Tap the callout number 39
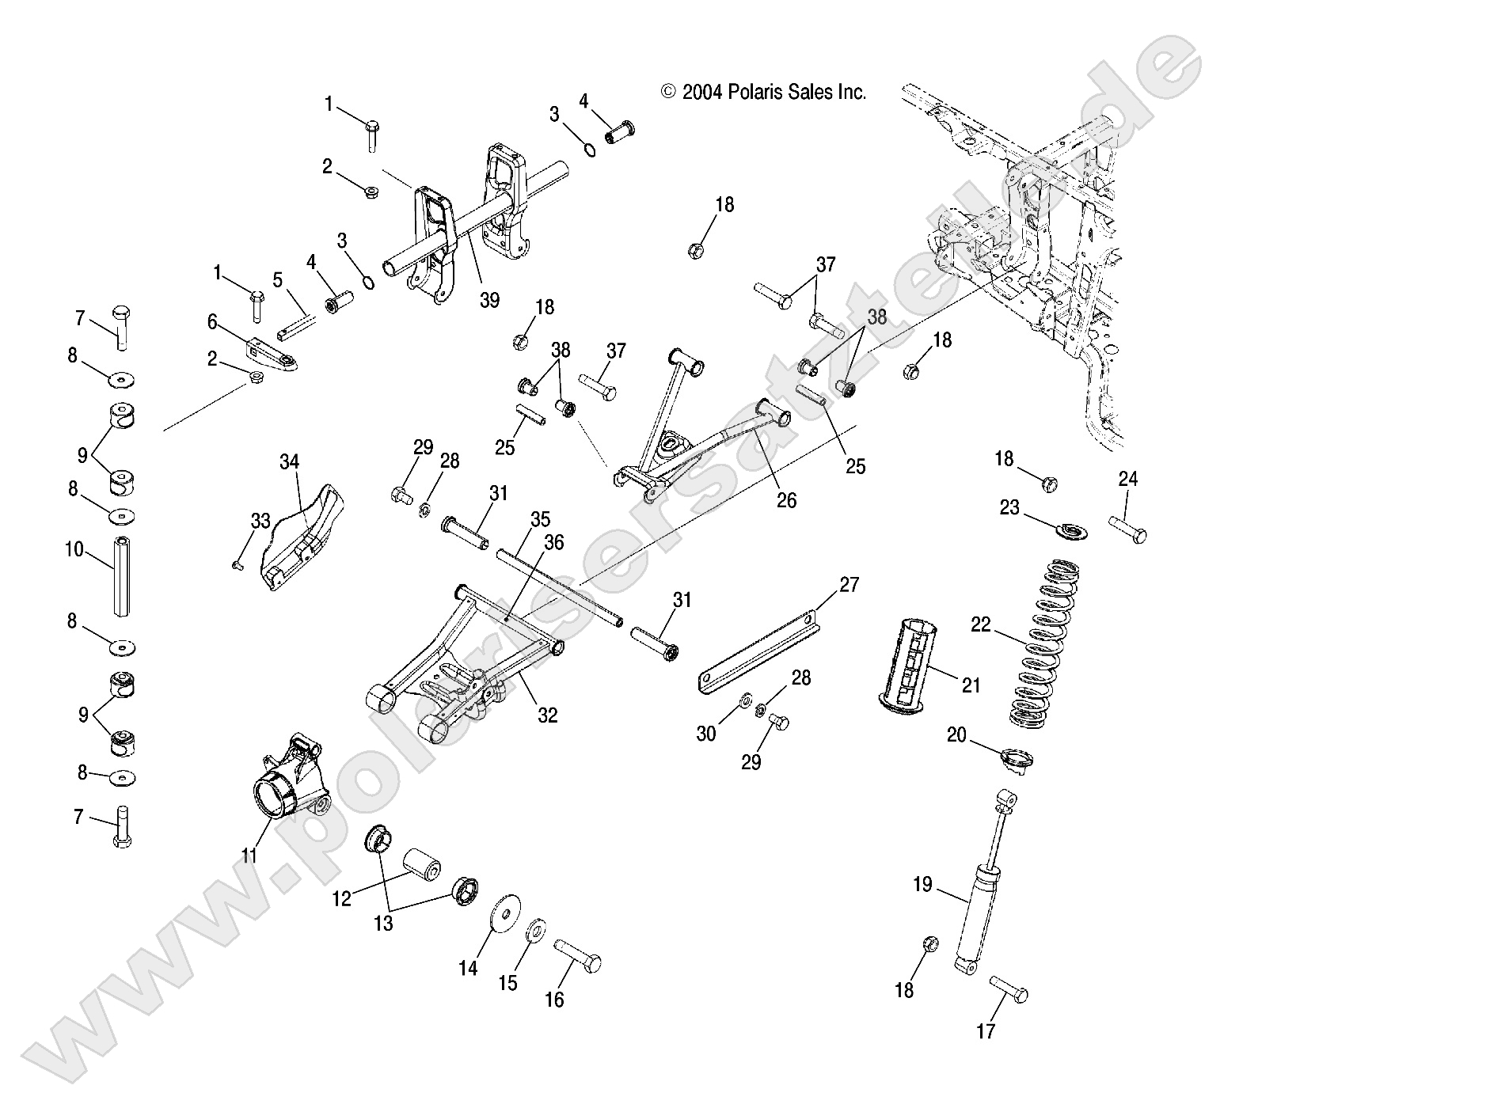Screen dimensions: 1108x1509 pos(489,300)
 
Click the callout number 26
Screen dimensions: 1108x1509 pos(786,499)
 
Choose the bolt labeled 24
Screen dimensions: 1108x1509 pos(1127,529)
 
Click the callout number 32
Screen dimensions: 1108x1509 pos(547,715)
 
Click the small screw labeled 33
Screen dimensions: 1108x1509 pos(237,564)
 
